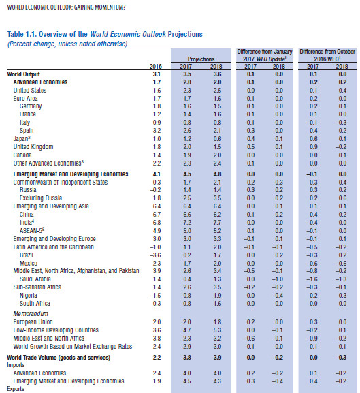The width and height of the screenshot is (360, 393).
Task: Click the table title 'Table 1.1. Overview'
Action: (x=47, y=34)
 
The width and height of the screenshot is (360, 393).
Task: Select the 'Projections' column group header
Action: (x=201, y=59)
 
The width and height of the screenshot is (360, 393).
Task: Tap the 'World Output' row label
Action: (x=23, y=74)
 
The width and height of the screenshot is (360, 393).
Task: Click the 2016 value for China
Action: (x=157, y=215)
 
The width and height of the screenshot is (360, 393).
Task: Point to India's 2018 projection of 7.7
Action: (x=217, y=223)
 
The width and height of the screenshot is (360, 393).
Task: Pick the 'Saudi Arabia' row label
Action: (x=35, y=279)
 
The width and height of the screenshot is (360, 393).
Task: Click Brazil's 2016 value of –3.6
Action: (x=155, y=255)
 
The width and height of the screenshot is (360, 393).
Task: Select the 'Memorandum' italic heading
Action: (x=31, y=314)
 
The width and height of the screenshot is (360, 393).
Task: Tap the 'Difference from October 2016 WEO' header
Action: (x=327, y=55)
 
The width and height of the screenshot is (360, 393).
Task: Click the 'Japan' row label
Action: (x=22, y=138)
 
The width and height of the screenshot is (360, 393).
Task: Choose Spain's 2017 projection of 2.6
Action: (x=187, y=131)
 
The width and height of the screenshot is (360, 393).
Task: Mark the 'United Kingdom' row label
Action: (x=33, y=147)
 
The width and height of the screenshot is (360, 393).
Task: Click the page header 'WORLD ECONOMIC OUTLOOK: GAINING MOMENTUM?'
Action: (x=66, y=7)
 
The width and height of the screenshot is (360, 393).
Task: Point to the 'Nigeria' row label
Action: (x=29, y=296)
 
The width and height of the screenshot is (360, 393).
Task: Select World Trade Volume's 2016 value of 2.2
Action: (x=157, y=358)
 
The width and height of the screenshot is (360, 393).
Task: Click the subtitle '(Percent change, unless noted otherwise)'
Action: (x=67, y=44)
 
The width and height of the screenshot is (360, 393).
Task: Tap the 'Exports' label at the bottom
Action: (x=16, y=389)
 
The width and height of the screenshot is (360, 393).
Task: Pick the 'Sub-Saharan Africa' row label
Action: (x=37, y=287)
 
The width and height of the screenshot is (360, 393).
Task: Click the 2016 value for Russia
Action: (x=155, y=190)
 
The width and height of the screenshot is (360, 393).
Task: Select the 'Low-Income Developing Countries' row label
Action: (x=56, y=330)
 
